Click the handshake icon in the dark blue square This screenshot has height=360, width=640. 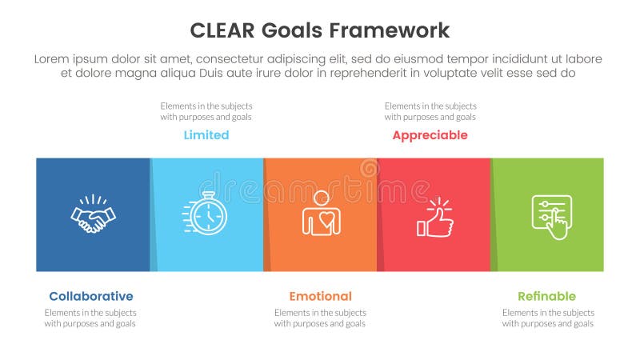(x=93, y=214)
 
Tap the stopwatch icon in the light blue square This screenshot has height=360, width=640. (x=206, y=214)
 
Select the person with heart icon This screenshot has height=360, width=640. (x=321, y=214)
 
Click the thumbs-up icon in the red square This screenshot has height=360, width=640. (x=434, y=216)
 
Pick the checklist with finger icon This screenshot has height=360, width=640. (x=551, y=216)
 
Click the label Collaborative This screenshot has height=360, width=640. (x=90, y=296)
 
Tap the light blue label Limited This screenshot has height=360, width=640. (x=206, y=135)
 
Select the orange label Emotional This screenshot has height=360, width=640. (x=320, y=296)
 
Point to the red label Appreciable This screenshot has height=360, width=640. (x=430, y=135)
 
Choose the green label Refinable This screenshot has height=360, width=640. (x=546, y=296)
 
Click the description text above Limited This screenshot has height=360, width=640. (x=206, y=111)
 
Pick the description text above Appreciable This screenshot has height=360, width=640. (x=430, y=111)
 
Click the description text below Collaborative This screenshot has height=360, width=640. (x=90, y=318)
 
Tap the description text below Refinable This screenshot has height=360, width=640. (x=547, y=318)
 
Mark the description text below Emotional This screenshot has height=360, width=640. (x=320, y=318)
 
